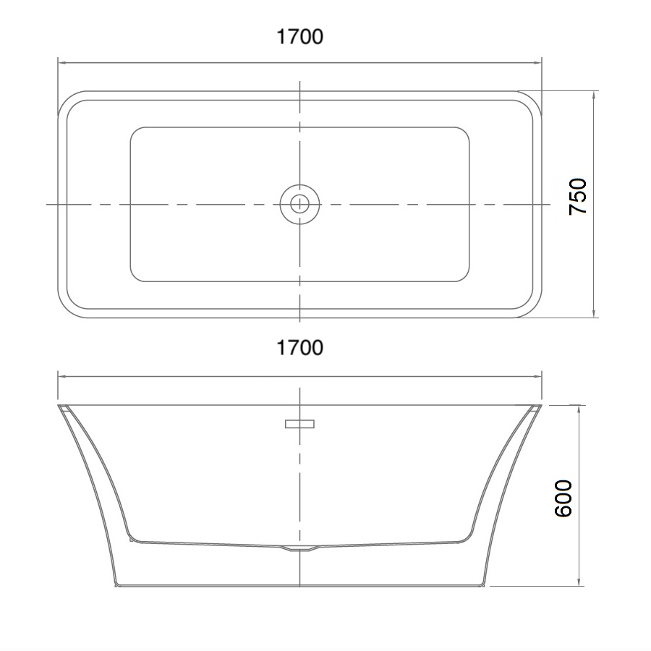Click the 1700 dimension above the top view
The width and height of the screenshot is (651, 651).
[x=299, y=37]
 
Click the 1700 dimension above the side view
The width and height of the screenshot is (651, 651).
[x=299, y=347]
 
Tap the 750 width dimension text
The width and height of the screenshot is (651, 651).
[x=577, y=197]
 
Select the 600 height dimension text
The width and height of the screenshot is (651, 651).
[x=563, y=498]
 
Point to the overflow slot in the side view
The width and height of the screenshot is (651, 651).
[x=299, y=424]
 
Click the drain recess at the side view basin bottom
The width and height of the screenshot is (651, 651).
[x=299, y=548]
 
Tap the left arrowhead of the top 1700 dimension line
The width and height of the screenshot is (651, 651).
[x=62, y=63]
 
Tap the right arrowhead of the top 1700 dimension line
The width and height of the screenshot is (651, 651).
[x=537, y=63]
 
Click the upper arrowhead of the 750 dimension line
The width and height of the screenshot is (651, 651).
[x=594, y=95]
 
